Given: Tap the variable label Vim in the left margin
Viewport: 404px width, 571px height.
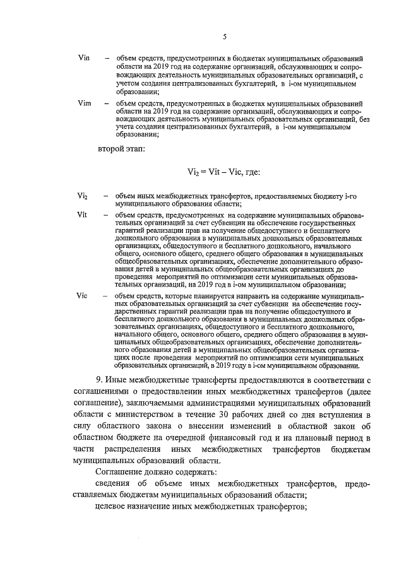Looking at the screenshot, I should [85, 103].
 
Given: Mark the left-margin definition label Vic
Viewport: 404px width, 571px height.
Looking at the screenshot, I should [81, 295].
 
